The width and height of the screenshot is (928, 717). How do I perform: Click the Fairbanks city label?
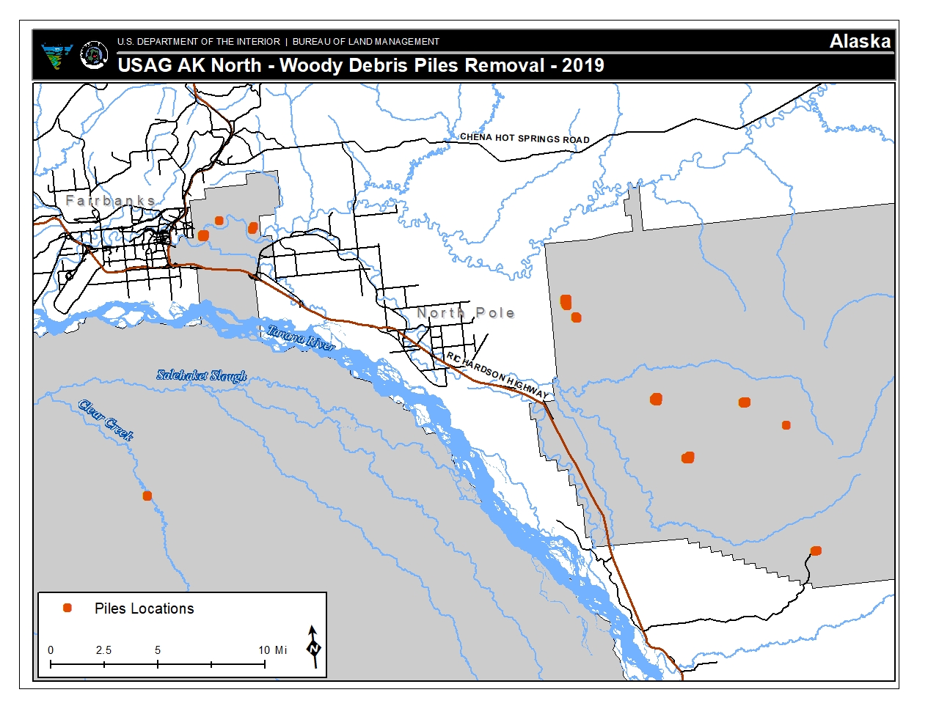tap(110, 200)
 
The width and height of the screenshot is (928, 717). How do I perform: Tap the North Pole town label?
tap(465, 313)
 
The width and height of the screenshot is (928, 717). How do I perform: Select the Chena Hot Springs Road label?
tap(525, 138)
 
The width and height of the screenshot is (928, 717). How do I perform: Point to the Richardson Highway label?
tap(497, 375)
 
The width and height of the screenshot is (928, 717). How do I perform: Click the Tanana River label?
tap(301, 337)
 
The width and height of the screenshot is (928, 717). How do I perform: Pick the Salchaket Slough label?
tap(202, 375)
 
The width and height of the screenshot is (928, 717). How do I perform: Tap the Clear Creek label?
tap(106, 420)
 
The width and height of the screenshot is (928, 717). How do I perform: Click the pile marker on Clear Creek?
tap(147, 496)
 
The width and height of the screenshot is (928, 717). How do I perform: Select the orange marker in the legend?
tap(67, 608)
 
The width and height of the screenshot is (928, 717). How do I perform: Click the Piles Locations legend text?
tap(144, 608)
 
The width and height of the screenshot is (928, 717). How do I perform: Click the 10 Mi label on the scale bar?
tap(272, 650)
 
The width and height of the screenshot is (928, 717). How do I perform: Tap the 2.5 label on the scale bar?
tap(103, 650)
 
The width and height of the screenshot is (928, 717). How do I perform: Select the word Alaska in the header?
tap(860, 42)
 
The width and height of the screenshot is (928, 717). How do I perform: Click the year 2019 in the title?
tap(582, 65)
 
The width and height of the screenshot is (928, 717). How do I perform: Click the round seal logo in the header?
tap(93, 55)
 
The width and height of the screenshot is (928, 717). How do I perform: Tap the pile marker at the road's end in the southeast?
tap(816, 551)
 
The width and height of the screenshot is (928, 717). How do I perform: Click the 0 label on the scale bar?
tap(51, 650)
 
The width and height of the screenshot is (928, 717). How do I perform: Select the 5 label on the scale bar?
tap(158, 650)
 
